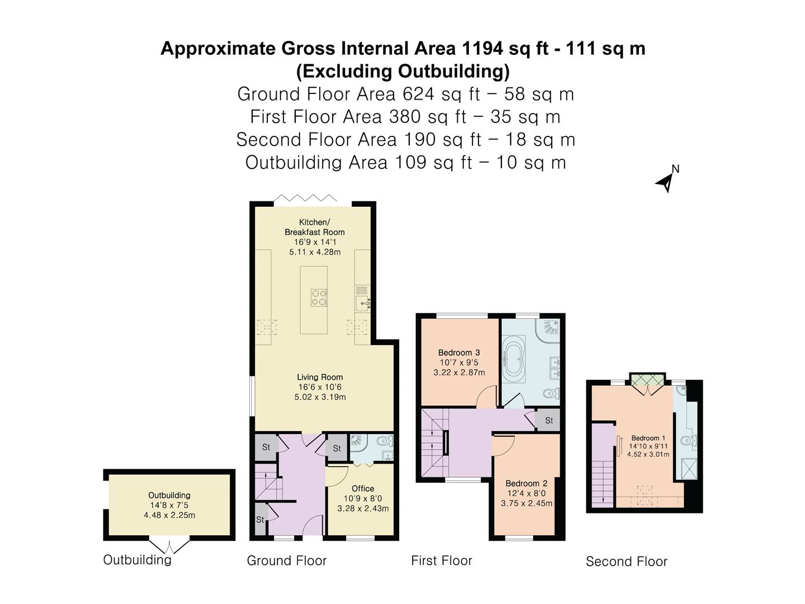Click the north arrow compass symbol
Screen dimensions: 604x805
click(666, 180)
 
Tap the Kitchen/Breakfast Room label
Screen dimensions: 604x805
click(314, 227)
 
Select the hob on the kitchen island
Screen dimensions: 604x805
click(319, 297)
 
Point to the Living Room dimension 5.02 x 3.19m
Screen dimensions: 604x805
click(320, 397)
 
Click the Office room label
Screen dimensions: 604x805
click(363, 488)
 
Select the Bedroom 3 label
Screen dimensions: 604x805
click(459, 352)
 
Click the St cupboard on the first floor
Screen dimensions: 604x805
click(548, 421)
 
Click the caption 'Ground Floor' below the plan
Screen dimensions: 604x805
click(286, 560)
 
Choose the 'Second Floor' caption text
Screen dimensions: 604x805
click(626, 561)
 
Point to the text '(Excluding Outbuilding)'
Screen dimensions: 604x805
click(402, 71)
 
